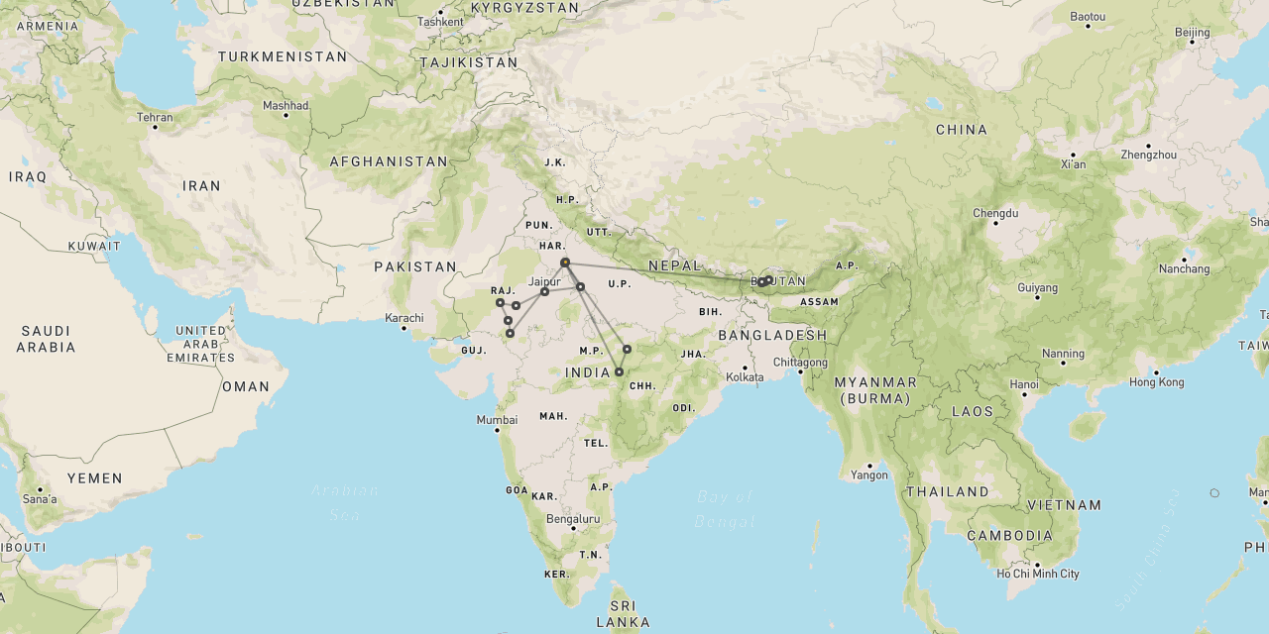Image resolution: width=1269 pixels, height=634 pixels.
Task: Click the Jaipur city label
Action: [544, 281]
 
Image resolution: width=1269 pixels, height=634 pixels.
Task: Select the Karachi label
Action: [405, 318]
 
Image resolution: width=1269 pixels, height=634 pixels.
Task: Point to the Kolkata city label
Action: [746, 376]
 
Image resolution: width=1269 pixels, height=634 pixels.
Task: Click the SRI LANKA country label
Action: [623, 614]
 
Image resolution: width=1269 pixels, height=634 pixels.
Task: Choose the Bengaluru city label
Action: [574, 518]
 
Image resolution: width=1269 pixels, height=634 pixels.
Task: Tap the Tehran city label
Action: [155, 117]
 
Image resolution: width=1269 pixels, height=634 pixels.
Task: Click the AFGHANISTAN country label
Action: [389, 161]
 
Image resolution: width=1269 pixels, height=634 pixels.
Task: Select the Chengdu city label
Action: [995, 213]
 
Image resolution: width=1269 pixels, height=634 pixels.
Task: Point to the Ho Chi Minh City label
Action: [1039, 574]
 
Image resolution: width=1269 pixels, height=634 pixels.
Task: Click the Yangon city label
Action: [869, 475]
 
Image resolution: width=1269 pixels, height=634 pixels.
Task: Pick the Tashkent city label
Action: [440, 21]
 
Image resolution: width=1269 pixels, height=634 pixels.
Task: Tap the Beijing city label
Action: [1192, 33]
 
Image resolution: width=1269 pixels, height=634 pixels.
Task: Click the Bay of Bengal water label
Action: [726, 508]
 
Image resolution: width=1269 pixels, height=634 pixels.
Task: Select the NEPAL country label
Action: [675, 266]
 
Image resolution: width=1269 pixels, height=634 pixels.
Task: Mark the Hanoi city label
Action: [1024, 384]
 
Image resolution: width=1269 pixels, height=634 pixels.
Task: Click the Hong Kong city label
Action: [1156, 382]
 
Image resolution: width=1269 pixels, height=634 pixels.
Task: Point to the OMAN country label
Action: [245, 386]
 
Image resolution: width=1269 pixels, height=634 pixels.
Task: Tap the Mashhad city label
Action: [286, 105]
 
